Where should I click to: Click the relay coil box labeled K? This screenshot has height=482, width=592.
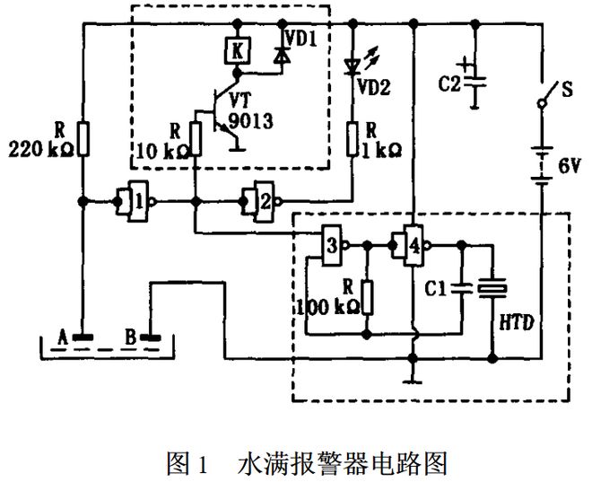[x=237, y=52]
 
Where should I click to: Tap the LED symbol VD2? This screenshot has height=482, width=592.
[x=353, y=65]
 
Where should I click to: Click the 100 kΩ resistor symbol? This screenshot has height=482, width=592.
[x=368, y=295]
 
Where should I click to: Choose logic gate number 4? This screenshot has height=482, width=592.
[x=411, y=244]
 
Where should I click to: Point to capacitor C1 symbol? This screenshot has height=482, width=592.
[x=461, y=289]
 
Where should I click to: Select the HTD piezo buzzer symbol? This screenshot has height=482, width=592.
[x=492, y=288]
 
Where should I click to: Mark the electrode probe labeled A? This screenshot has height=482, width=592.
[x=81, y=338]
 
